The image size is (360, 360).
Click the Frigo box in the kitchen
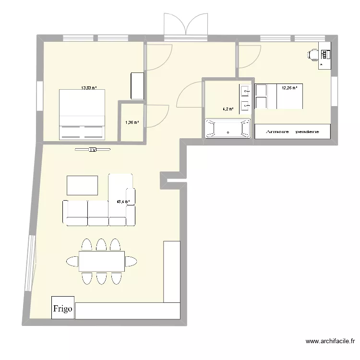(x=63, y=308)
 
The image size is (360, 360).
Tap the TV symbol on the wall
(x=93, y=150)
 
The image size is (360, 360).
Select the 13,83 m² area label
(x=89, y=88)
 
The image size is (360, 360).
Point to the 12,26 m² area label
(x=289, y=88)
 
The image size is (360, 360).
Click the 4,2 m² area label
(x=228, y=109)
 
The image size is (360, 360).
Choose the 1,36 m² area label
(x=132, y=122)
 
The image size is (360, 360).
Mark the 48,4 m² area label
(x=123, y=202)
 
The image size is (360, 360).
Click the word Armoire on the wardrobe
(x=273, y=132)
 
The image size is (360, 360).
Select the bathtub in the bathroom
(x=228, y=129)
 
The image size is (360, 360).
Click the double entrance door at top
(x=185, y=26)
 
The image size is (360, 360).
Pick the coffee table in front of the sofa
(x=82, y=185)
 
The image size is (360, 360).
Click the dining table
(x=101, y=261)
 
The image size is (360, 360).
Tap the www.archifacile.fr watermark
(x=330, y=342)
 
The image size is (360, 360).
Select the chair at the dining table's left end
(x=72, y=261)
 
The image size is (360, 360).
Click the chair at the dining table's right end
(x=131, y=261)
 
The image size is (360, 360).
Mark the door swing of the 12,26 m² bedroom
(x=248, y=55)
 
